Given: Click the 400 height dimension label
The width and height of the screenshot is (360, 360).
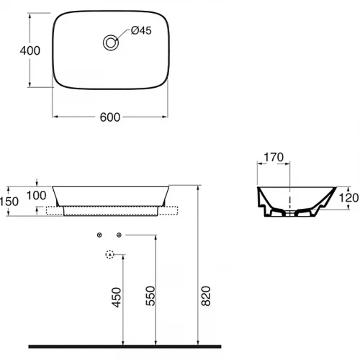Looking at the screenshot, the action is (30, 50).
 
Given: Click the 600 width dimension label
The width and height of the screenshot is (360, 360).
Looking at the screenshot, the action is (110, 117).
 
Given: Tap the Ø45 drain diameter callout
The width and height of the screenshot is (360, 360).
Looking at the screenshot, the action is (141, 30).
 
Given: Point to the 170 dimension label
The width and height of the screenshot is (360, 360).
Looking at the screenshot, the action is (274, 157).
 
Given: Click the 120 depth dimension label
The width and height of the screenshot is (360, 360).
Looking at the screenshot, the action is (348, 198).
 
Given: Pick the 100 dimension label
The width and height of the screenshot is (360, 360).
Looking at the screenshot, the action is (36, 195).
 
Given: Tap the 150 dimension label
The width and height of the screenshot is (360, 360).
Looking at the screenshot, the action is (9, 202).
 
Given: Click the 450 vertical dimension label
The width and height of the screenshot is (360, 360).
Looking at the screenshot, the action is (117, 297).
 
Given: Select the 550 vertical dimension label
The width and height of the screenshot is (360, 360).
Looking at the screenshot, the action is (150, 296).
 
